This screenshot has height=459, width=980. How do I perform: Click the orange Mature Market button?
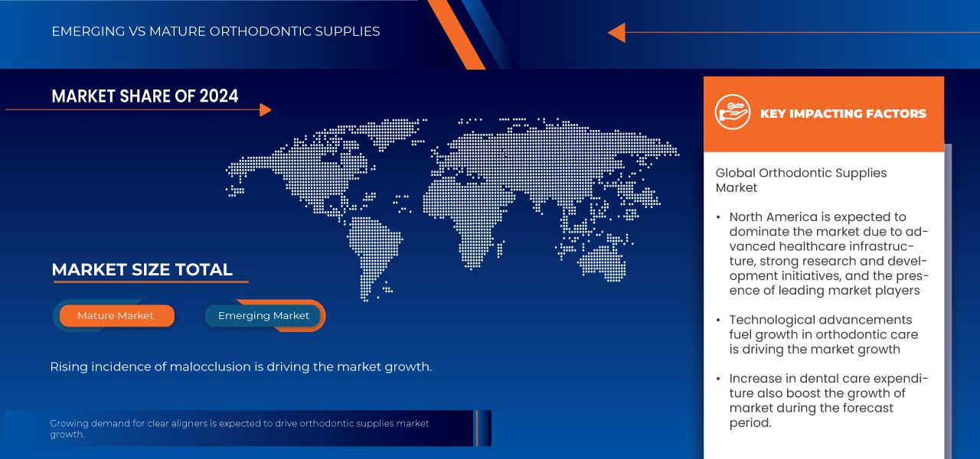pos(116,315)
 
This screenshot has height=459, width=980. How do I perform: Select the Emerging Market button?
pos(263,315)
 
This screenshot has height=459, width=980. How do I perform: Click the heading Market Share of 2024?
pos(145,96)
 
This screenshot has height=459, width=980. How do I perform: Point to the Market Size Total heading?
pos(142,269)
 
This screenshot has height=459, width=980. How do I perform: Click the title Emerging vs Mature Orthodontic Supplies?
pos(215,31)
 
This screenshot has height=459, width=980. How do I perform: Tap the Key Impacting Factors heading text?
pos(843,113)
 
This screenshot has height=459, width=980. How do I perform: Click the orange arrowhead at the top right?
pos(616,32)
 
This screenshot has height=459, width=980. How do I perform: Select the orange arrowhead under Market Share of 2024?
pos(265,110)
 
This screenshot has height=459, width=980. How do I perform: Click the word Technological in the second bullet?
pos(772,320)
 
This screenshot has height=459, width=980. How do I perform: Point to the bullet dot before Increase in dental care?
pos(718,379)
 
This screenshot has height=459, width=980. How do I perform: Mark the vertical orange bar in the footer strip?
pos(476,428)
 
